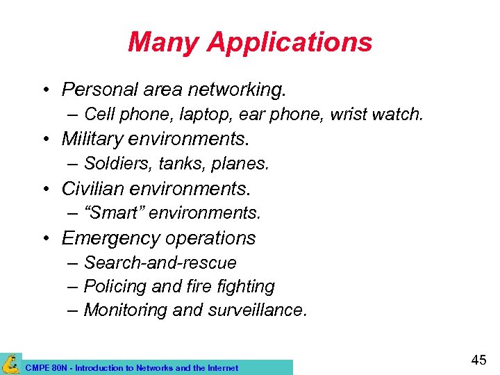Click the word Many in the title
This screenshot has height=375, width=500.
(x=164, y=42)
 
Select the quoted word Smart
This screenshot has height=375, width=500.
(x=114, y=212)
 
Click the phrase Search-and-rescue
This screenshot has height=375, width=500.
(x=160, y=263)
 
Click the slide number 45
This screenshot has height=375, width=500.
(x=478, y=360)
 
